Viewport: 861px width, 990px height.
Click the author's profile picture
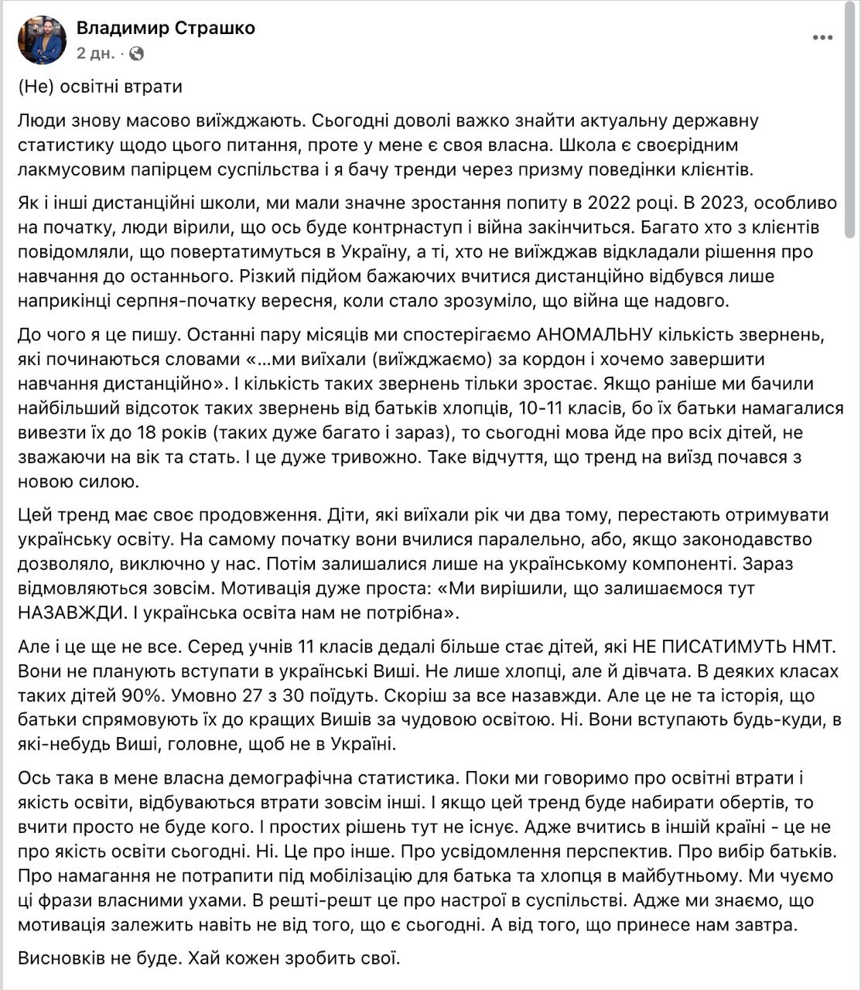[x=43, y=40]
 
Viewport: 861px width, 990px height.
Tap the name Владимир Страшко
[x=166, y=29]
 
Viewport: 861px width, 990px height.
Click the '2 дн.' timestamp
[x=95, y=53]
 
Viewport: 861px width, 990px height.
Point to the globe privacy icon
[x=136, y=53]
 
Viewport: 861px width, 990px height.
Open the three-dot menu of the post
[x=822, y=38]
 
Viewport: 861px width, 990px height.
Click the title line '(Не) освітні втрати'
[x=101, y=86]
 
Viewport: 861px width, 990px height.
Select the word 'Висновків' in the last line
[x=60, y=959]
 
